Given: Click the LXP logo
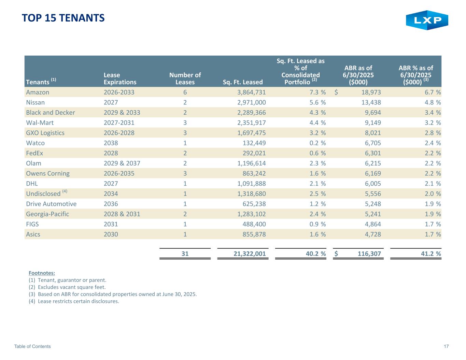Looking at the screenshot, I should pyautogui.click(x=427, y=20).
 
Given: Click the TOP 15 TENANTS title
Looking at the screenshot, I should pyautogui.click(x=63, y=18).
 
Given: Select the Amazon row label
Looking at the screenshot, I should pyautogui.click(x=38, y=92).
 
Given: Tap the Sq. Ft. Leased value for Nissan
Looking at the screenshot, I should pyautogui.click(x=252, y=102).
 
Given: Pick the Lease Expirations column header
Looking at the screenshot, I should pyautogui.click(x=120, y=78).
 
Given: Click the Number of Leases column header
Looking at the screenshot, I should pyautogui.click(x=185, y=78).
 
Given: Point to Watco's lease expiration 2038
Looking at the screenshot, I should pyautogui.click(x=111, y=143).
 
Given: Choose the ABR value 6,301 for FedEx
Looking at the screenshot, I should pyautogui.click(x=371, y=153).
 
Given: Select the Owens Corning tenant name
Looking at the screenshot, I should pyautogui.click(x=48, y=173).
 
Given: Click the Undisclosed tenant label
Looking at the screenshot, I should pyautogui.click(x=43, y=193).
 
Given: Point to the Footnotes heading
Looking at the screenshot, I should pyautogui.click(x=42, y=273).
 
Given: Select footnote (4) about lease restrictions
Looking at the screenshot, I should pyautogui.click(x=74, y=301).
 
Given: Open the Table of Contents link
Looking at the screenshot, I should pyautogui.click(x=32, y=346).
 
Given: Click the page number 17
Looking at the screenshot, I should pyautogui.click(x=446, y=346).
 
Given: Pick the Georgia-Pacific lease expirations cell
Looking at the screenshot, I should pyautogui.click(x=122, y=214).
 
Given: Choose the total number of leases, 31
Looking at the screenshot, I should pyautogui.click(x=185, y=254).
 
